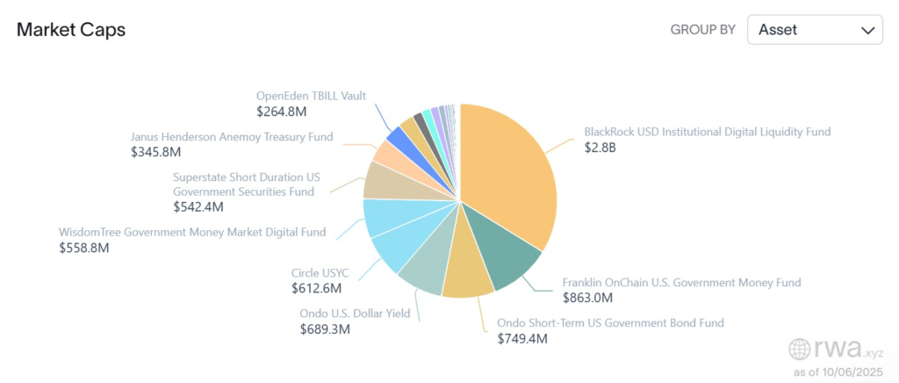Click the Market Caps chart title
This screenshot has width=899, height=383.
71,30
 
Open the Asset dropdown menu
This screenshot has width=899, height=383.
815,30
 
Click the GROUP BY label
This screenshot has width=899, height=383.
702,30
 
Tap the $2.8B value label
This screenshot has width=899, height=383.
601,148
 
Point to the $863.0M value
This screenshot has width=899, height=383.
588,298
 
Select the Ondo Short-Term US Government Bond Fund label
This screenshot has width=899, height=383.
610,322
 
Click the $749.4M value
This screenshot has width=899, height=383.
522,338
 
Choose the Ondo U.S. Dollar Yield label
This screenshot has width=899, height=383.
355,314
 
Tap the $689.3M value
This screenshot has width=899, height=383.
325,329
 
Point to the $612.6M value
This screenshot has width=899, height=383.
316,288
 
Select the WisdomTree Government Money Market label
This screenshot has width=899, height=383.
192,232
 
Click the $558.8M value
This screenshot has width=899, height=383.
84,248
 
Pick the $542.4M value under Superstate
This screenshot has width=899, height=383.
198,206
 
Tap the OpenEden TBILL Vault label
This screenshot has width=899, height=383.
311,96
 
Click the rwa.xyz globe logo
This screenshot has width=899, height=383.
801,349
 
